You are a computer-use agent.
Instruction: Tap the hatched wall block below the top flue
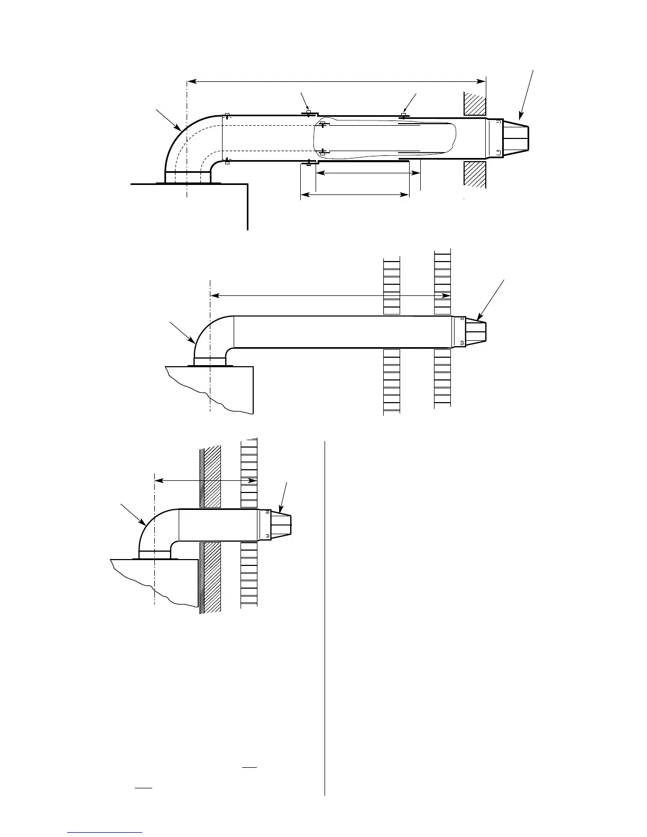pyautogui.click(x=475, y=173)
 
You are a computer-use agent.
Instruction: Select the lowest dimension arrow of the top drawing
pyautogui.click(x=355, y=196)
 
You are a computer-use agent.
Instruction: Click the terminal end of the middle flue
pyautogui.click(x=475, y=331)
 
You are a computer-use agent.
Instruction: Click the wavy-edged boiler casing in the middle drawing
pyautogui.click(x=211, y=386)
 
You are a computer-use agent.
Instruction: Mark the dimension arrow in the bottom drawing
pyautogui.click(x=206, y=480)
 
